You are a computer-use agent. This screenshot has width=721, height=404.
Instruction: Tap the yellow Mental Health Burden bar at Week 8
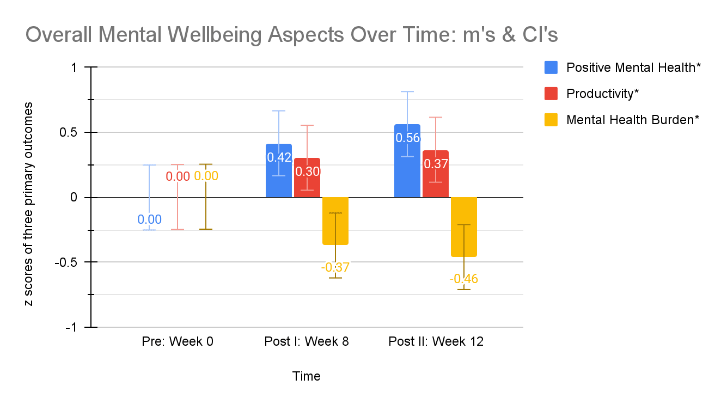pyautogui.click(x=335, y=221)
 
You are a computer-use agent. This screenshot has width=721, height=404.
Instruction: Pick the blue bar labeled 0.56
pyautogui.click(x=407, y=163)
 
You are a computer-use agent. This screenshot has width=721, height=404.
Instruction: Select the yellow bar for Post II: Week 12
pyautogui.click(x=464, y=226)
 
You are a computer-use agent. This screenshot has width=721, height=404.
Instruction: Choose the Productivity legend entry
pyautogui.click(x=602, y=94)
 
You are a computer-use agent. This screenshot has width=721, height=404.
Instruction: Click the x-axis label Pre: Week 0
pyautogui.click(x=178, y=342)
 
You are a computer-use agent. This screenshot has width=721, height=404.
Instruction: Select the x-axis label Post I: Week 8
pyautogui.click(x=307, y=342)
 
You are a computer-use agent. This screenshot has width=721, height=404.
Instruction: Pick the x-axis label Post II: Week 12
pyautogui.click(x=436, y=342)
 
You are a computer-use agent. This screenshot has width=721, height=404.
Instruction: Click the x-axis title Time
pyautogui.click(x=307, y=376)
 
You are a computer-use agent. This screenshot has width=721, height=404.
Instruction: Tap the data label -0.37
pyautogui.click(x=335, y=267)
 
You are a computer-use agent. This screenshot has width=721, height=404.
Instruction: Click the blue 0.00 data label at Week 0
pyautogui.click(x=149, y=219)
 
